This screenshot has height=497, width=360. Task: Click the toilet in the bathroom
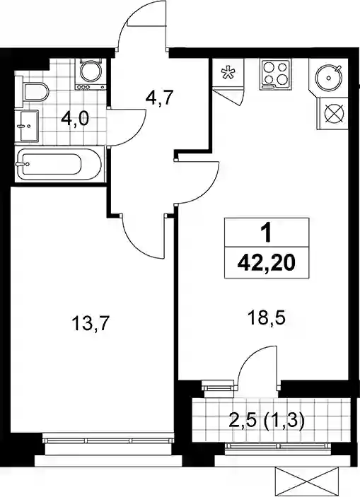click(34, 92)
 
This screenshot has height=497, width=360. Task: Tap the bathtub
click(59, 164)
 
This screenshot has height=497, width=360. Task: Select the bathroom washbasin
click(28, 126)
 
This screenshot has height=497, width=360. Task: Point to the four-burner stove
click(275, 74)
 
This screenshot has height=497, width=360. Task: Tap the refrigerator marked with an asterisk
click(228, 74)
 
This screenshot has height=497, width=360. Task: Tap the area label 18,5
click(267, 318)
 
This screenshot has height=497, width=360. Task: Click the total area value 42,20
click(267, 263)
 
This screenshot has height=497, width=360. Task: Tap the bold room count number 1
click(266, 233)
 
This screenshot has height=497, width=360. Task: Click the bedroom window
click(108, 440)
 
